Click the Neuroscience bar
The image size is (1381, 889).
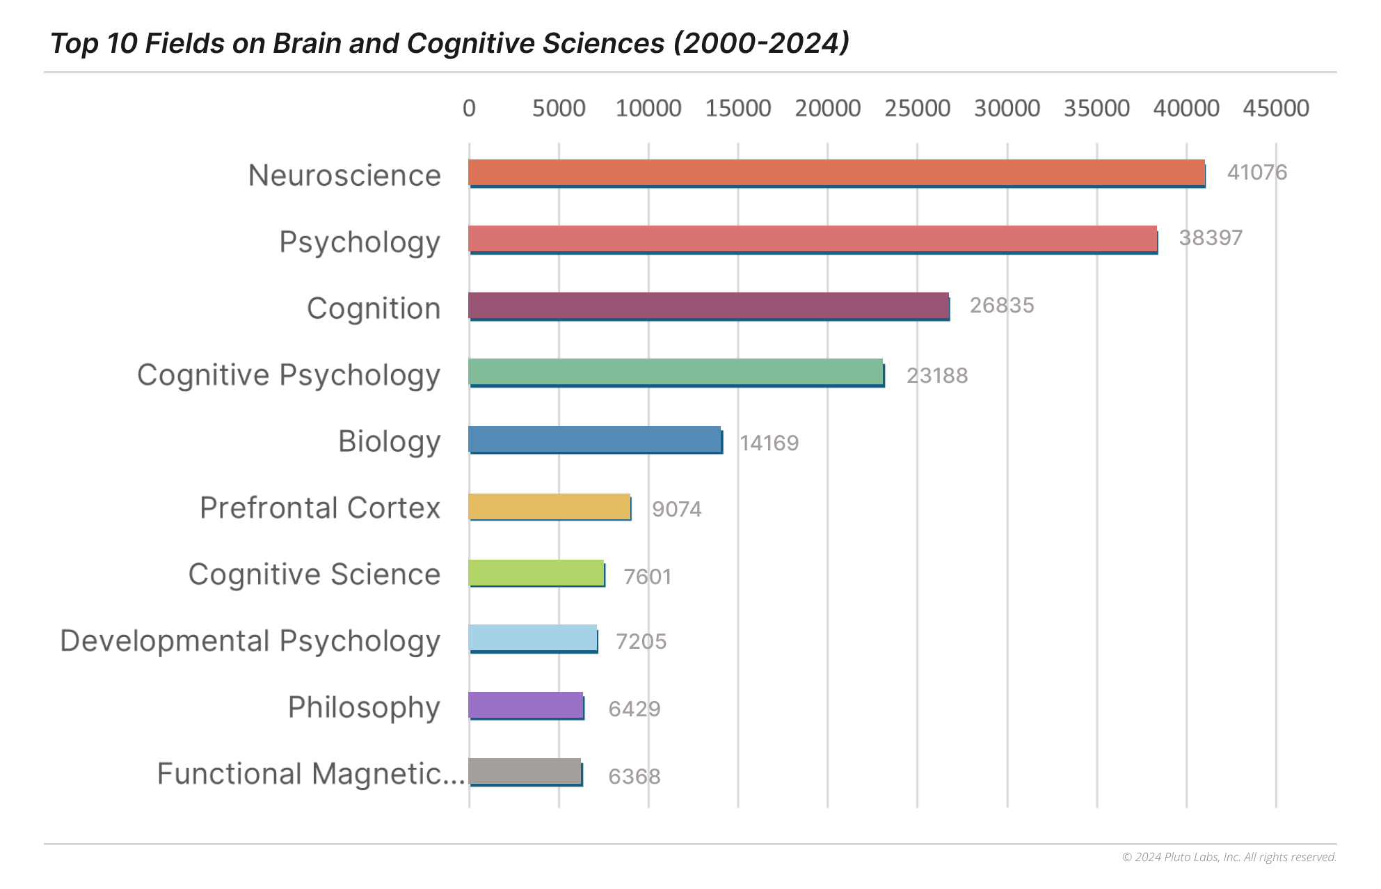836,173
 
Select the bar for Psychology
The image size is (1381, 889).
813,239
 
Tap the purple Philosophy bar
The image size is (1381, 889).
525,705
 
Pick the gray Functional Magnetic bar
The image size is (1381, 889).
525,771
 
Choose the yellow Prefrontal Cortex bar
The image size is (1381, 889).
549,507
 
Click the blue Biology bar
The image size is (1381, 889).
595,440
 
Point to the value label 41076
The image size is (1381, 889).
1256,172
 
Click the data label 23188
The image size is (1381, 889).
936,375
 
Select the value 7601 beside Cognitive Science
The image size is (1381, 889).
647,576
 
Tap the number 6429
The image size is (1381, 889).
634,709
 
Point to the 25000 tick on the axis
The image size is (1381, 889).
917,109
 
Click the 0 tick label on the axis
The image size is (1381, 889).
469,109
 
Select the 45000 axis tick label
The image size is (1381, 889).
1275,109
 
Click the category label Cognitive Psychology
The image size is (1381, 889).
289,375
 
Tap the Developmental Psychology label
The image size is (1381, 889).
250,641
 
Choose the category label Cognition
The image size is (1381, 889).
374,308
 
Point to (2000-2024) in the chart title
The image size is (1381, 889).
760,43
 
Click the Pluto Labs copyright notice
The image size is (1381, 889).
1229,857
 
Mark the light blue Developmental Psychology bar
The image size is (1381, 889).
532,638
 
